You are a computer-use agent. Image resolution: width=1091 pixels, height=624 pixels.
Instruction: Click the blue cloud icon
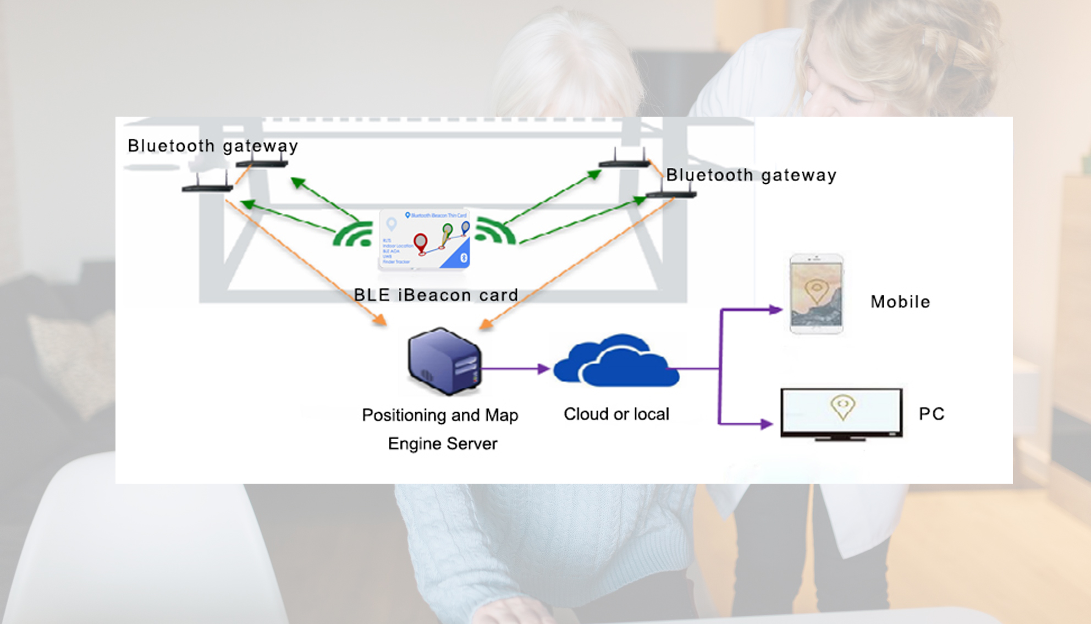616,361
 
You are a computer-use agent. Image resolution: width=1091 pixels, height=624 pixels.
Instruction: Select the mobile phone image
816,293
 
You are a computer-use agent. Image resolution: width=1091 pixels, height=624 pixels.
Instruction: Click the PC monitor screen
841,412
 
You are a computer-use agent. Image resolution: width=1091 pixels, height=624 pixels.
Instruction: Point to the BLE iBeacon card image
424,239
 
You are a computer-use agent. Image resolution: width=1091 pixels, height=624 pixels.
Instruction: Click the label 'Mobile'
900,302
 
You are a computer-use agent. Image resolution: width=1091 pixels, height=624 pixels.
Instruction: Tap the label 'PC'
932,414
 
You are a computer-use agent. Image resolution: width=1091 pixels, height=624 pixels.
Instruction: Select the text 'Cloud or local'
616,414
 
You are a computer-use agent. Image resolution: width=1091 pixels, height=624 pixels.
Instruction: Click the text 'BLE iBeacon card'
436,295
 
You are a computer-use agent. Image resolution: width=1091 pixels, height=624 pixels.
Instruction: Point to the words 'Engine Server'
442,444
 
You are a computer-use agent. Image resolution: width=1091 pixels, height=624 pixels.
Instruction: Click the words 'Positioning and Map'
440,415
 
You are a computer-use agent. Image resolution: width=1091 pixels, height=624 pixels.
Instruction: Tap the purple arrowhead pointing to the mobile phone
775,310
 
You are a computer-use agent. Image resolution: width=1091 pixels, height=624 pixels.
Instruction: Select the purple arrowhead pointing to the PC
767,424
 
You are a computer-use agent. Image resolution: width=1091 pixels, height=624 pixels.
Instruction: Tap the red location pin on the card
421,243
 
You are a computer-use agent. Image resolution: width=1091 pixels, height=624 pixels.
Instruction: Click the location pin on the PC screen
842,406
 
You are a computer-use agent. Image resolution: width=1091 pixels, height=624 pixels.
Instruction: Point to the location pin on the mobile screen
817,290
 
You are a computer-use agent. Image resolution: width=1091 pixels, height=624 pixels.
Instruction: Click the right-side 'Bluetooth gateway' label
751,175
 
